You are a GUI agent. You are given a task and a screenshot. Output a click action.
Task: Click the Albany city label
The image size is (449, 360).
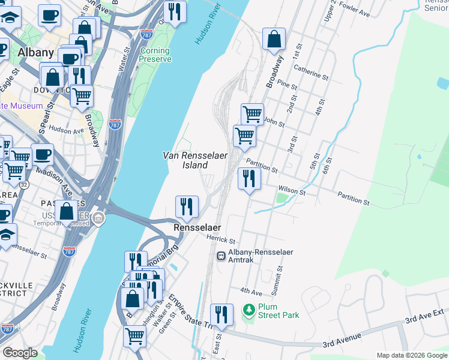pyautogui.click(x=36, y=53)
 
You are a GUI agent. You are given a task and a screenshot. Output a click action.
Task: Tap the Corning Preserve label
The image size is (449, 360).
pyautogui.click(x=155, y=55)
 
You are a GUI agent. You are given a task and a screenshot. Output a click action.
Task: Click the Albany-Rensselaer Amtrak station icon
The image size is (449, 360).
pyautogui.click(x=221, y=256)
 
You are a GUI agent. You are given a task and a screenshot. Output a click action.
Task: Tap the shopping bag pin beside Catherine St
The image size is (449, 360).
pyautogui.click(x=274, y=40)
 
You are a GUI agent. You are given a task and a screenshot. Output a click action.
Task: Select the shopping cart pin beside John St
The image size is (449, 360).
pyautogui.click(x=252, y=113)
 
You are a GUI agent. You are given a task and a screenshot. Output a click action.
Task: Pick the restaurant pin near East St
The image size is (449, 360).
pyautogui.click(x=221, y=314)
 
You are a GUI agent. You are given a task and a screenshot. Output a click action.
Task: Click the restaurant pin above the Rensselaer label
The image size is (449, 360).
pyautogui.click(x=187, y=207)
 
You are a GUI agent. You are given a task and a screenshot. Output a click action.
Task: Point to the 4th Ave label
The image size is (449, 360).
pyautogui.click(x=251, y=291)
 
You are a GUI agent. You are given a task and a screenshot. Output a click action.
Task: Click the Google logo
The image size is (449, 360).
pyautogui.click(x=20, y=353)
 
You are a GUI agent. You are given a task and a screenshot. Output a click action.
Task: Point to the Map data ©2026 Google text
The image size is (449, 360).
pyautogui.click(x=411, y=355)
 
